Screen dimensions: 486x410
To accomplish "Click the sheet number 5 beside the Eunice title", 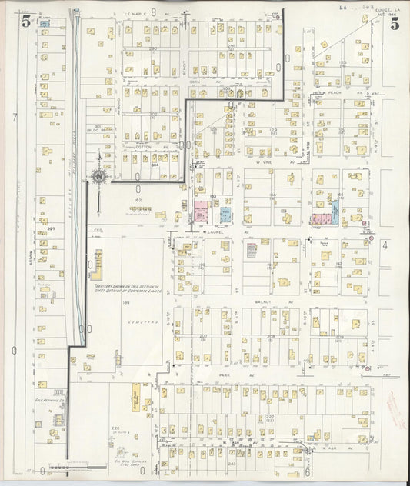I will [x=394, y=23].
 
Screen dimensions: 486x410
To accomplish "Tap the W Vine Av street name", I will [x=265, y=162].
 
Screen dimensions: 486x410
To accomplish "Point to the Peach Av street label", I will [x=333, y=93].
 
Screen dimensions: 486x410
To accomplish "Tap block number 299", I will [x=50, y=228].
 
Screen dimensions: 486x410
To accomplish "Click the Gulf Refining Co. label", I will [x=48, y=401].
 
